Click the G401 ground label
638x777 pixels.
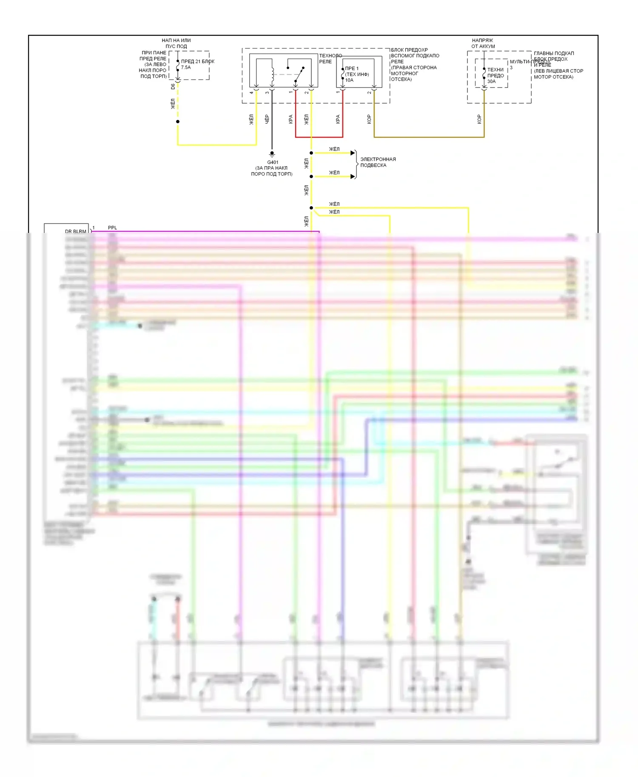click(273, 162)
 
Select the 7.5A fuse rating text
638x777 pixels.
click(186, 68)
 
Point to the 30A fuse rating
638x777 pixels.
click(491, 81)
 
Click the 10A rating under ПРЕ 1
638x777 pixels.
click(349, 80)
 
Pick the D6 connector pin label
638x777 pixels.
click(173, 86)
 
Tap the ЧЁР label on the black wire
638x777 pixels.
click(267, 119)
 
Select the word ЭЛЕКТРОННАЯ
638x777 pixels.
click(378, 159)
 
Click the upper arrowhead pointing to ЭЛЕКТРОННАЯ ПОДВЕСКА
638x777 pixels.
click(353, 153)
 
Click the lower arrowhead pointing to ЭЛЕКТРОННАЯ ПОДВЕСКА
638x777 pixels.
click(353, 176)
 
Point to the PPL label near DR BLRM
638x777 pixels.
click(112, 228)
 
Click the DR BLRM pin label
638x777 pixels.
click(75, 231)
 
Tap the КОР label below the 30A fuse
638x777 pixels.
click(479, 119)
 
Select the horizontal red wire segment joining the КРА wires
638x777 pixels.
click(319, 137)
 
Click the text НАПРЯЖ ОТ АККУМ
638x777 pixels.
click(483, 43)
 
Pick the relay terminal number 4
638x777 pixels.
click(251, 92)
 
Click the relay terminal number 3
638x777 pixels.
click(267, 92)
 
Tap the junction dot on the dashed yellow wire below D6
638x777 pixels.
click(178, 122)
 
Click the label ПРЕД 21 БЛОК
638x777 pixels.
click(198, 62)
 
